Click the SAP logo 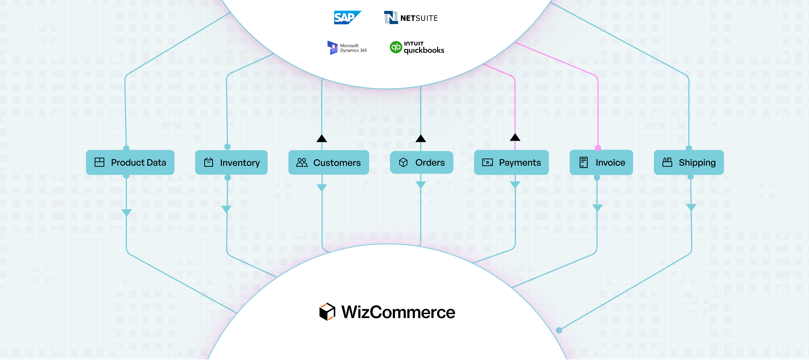tap(347, 18)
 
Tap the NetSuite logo tap(410, 18)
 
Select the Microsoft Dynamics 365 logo tap(347, 48)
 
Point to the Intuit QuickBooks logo tap(417, 48)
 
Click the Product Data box tap(130, 163)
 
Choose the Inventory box tap(231, 163)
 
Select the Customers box tap(329, 163)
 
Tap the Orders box tap(422, 163)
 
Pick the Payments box tap(511, 163)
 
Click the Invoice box tap(601, 163)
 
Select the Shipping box tap(689, 163)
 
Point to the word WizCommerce tap(398, 312)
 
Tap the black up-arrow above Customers tap(322, 139)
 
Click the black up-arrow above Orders tap(421, 139)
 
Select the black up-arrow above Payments tap(515, 137)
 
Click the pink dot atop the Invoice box tap(598, 148)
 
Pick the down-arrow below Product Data tap(127, 212)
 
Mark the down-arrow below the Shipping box tap(691, 207)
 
